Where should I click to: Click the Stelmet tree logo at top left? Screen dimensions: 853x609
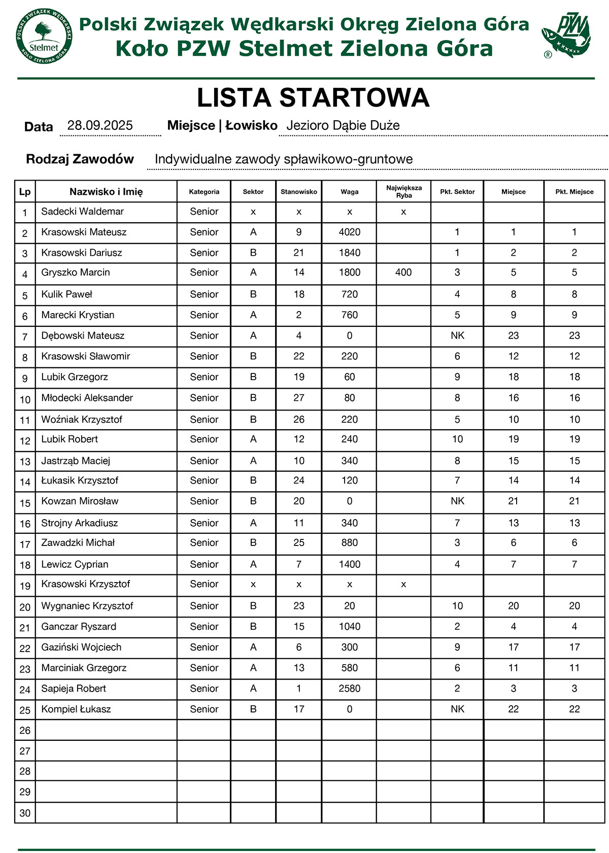[x=44, y=37]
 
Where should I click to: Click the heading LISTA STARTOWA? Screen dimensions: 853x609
[x=313, y=98]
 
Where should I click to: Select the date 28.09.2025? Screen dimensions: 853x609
[x=100, y=126]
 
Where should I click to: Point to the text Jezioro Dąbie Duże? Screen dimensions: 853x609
[x=343, y=126]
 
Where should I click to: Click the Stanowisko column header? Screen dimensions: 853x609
[x=299, y=192]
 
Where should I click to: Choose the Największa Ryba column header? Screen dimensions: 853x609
[x=403, y=192]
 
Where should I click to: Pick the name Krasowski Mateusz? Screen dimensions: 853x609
[x=84, y=232]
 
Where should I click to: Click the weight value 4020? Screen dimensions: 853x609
[x=349, y=232]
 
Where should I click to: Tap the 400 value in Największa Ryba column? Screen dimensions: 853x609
[x=403, y=272]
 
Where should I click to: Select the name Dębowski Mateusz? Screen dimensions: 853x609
[x=83, y=336]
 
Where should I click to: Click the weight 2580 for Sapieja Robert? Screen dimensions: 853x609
[x=349, y=689]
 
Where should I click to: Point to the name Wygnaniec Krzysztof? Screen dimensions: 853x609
[x=87, y=606]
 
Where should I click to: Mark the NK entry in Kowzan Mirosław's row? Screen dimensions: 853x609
[x=457, y=501]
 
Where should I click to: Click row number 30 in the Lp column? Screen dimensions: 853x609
[x=25, y=813]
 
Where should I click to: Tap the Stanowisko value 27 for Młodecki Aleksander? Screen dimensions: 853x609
[x=299, y=398]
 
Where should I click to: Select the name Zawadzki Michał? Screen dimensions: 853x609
[x=78, y=543]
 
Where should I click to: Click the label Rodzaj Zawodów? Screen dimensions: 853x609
[x=80, y=159]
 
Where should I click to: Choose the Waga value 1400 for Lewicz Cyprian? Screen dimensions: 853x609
[x=349, y=564]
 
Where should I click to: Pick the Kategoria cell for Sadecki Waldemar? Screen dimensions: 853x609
[x=204, y=212]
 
